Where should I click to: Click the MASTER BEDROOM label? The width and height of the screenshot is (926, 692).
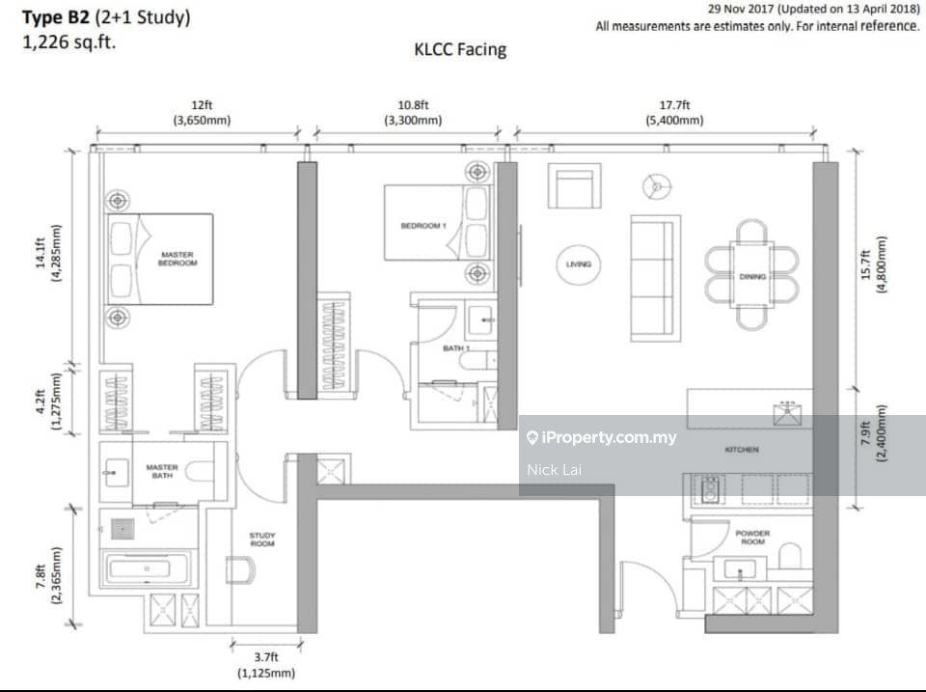[177, 259]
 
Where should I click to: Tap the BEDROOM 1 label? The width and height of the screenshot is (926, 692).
[423, 226]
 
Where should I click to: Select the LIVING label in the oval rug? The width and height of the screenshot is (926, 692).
[578, 264]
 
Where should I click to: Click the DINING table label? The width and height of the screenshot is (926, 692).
[752, 277]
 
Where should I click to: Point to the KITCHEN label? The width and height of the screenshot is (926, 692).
[742, 450]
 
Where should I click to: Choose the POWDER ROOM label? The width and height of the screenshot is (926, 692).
[752, 538]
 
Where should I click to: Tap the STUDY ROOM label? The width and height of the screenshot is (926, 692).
[262, 540]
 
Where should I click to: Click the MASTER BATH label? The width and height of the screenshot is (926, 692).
[162, 471]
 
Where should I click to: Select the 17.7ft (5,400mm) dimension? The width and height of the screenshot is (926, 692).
[674, 112]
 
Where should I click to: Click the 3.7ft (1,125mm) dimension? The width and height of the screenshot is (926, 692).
[266, 665]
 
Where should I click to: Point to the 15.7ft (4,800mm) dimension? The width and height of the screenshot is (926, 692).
[873, 264]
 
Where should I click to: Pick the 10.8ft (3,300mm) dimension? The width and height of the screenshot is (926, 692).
[413, 112]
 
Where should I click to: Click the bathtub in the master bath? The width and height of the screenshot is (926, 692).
[147, 568]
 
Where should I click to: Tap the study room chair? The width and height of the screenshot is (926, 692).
[241, 569]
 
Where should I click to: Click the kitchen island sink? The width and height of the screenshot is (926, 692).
[788, 413]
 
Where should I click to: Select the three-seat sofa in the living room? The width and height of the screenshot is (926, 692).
[656, 278]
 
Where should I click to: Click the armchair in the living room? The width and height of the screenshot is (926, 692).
[575, 186]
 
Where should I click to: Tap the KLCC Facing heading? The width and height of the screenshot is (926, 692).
[460, 49]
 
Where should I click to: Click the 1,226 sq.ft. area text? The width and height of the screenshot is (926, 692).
[68, 42]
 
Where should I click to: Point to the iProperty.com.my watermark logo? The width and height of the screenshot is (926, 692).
[602, 437]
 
